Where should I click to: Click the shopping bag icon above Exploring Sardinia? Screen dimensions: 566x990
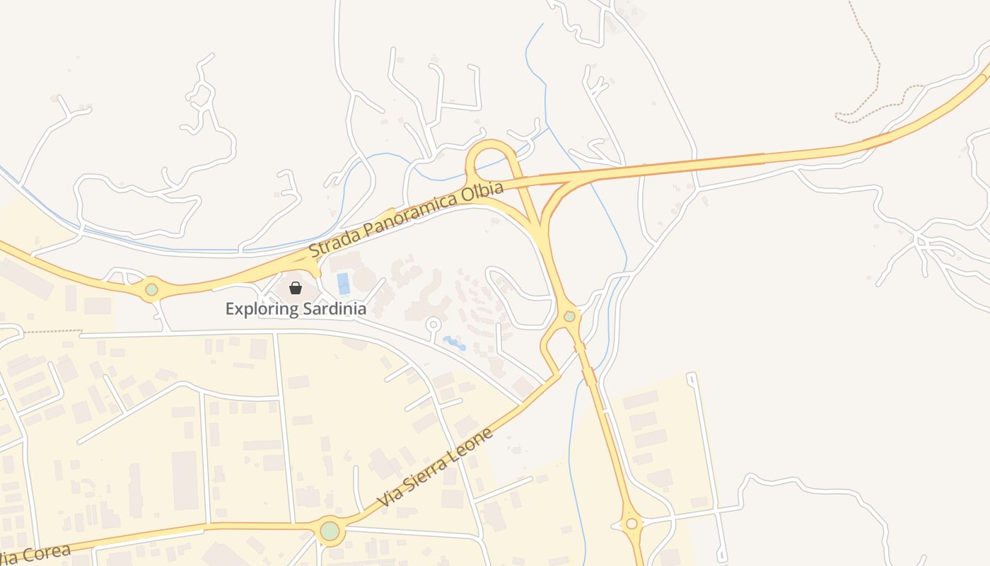(x=296, y=288)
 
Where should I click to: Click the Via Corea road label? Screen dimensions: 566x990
(x=35, y=554)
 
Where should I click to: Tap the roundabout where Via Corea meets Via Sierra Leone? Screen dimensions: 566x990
(x=330, y=531)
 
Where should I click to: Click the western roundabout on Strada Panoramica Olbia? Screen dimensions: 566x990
(x=151, y=289)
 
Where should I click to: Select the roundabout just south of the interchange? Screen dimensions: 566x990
(x=569, y=316)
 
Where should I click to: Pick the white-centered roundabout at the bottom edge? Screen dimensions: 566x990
(x=631, y=524)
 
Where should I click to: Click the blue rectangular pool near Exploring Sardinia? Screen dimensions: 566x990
(x=344, y=284)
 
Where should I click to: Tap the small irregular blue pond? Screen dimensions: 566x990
(x=455, y=344)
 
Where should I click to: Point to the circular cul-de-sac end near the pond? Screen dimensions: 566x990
(x=433, y=324)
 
